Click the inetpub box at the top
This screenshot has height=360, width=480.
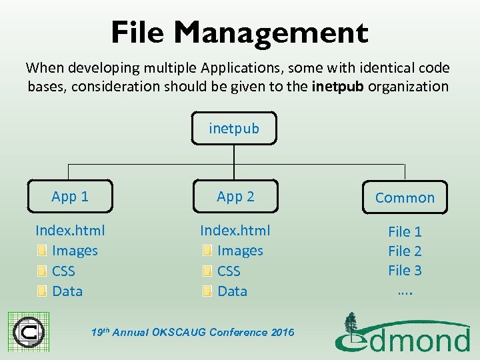pos(234,128)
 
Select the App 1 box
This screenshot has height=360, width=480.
pos(70,196)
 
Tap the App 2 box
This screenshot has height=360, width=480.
pos(235,196)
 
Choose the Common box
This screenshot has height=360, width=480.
pos(405,197)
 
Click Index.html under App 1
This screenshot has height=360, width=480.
pos(70,231)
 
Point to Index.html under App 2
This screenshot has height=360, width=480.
pos(235,231)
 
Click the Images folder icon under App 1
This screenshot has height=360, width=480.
pos(41,251)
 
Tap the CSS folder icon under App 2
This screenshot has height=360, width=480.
pos(207,271)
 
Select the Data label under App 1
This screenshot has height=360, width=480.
pos(67,291)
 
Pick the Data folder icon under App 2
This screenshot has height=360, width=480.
pos(207,291)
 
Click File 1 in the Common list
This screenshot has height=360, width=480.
pos(405,232)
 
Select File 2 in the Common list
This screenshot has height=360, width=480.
pos(405,251)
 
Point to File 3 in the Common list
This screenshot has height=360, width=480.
pos(405,270)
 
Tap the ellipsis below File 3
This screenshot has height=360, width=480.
pos(405,289)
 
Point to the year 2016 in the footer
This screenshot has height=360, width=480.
pos(281,332)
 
